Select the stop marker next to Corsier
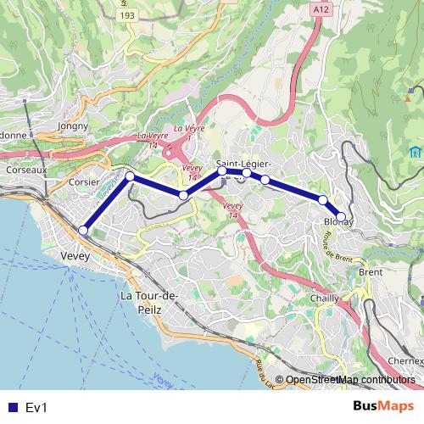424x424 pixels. [130, 176]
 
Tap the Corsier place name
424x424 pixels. [84, 181]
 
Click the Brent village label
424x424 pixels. [371, 272]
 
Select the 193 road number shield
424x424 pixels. [127, 15]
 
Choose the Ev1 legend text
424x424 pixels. [36, 407]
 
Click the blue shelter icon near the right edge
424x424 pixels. [416, 152]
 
